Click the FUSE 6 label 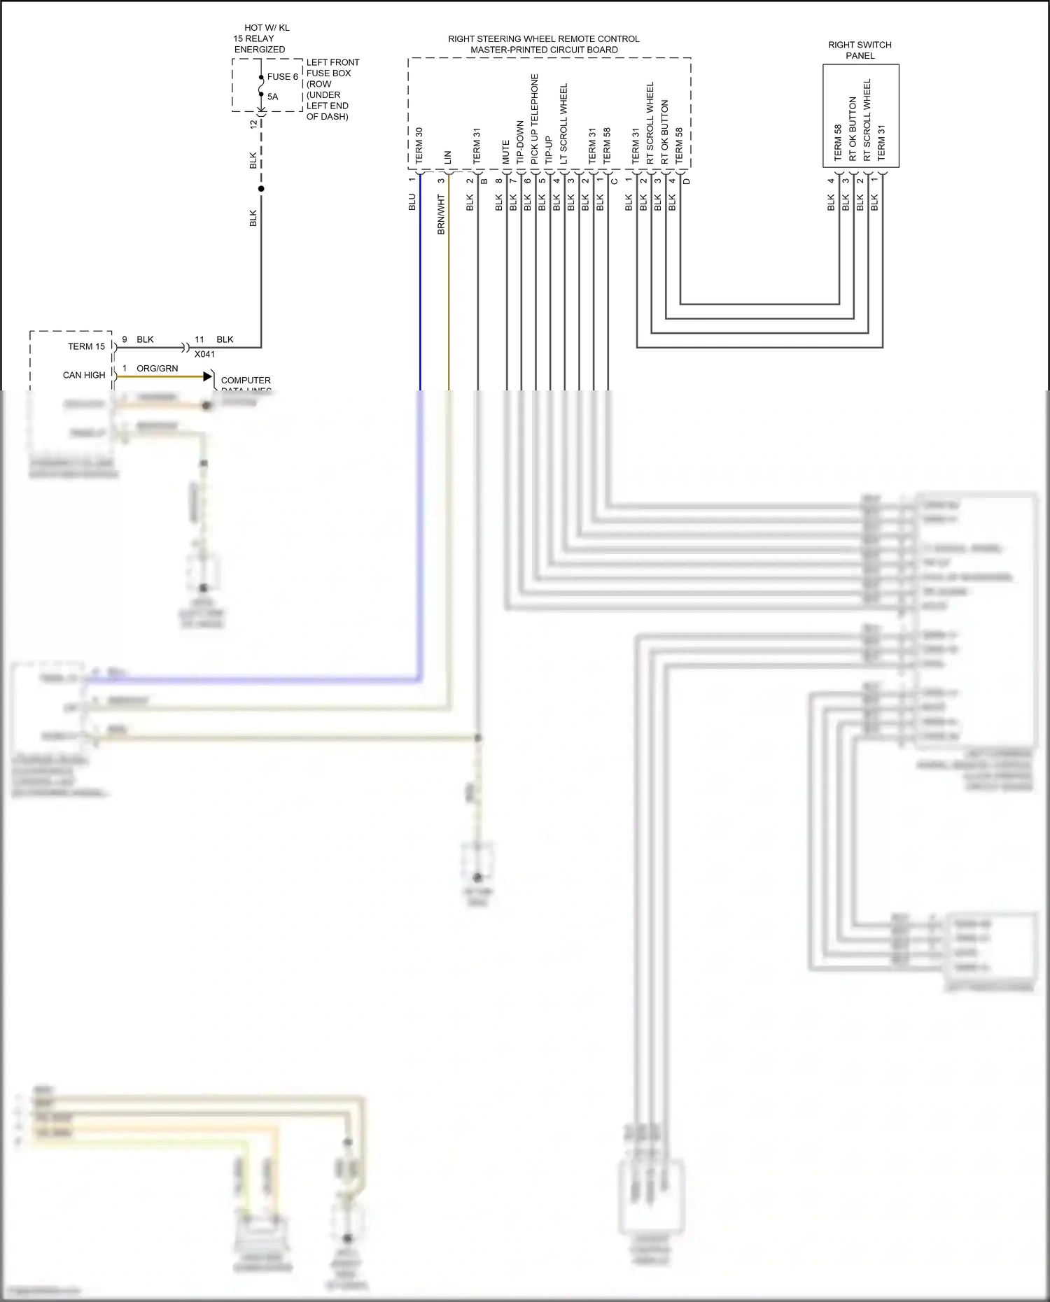tap(282, 77)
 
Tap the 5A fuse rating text tap(272, 97)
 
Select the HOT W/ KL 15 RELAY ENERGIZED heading tap(260, 38)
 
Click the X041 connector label tap(204, 354)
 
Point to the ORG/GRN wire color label tap(157, 368)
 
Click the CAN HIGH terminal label tap(84, 375)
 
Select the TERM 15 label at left tap(86, 346)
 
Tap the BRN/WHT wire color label tap(441, 214)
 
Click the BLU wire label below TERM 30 tap(412, 202)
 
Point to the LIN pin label tap(447, 157)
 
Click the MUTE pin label tap(505, 152)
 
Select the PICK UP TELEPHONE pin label tap(534, 119)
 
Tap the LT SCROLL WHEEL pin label tap(563, 123)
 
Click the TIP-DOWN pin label tap(520, 142)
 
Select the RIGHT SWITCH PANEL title tap(860, 50)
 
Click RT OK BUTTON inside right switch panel tap(852, 128)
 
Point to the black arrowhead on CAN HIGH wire tap(207, 376)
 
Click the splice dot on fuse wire tap(261, 189)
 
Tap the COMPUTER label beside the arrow tap(246, 380)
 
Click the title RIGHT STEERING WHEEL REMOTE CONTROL tap(543, 39)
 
